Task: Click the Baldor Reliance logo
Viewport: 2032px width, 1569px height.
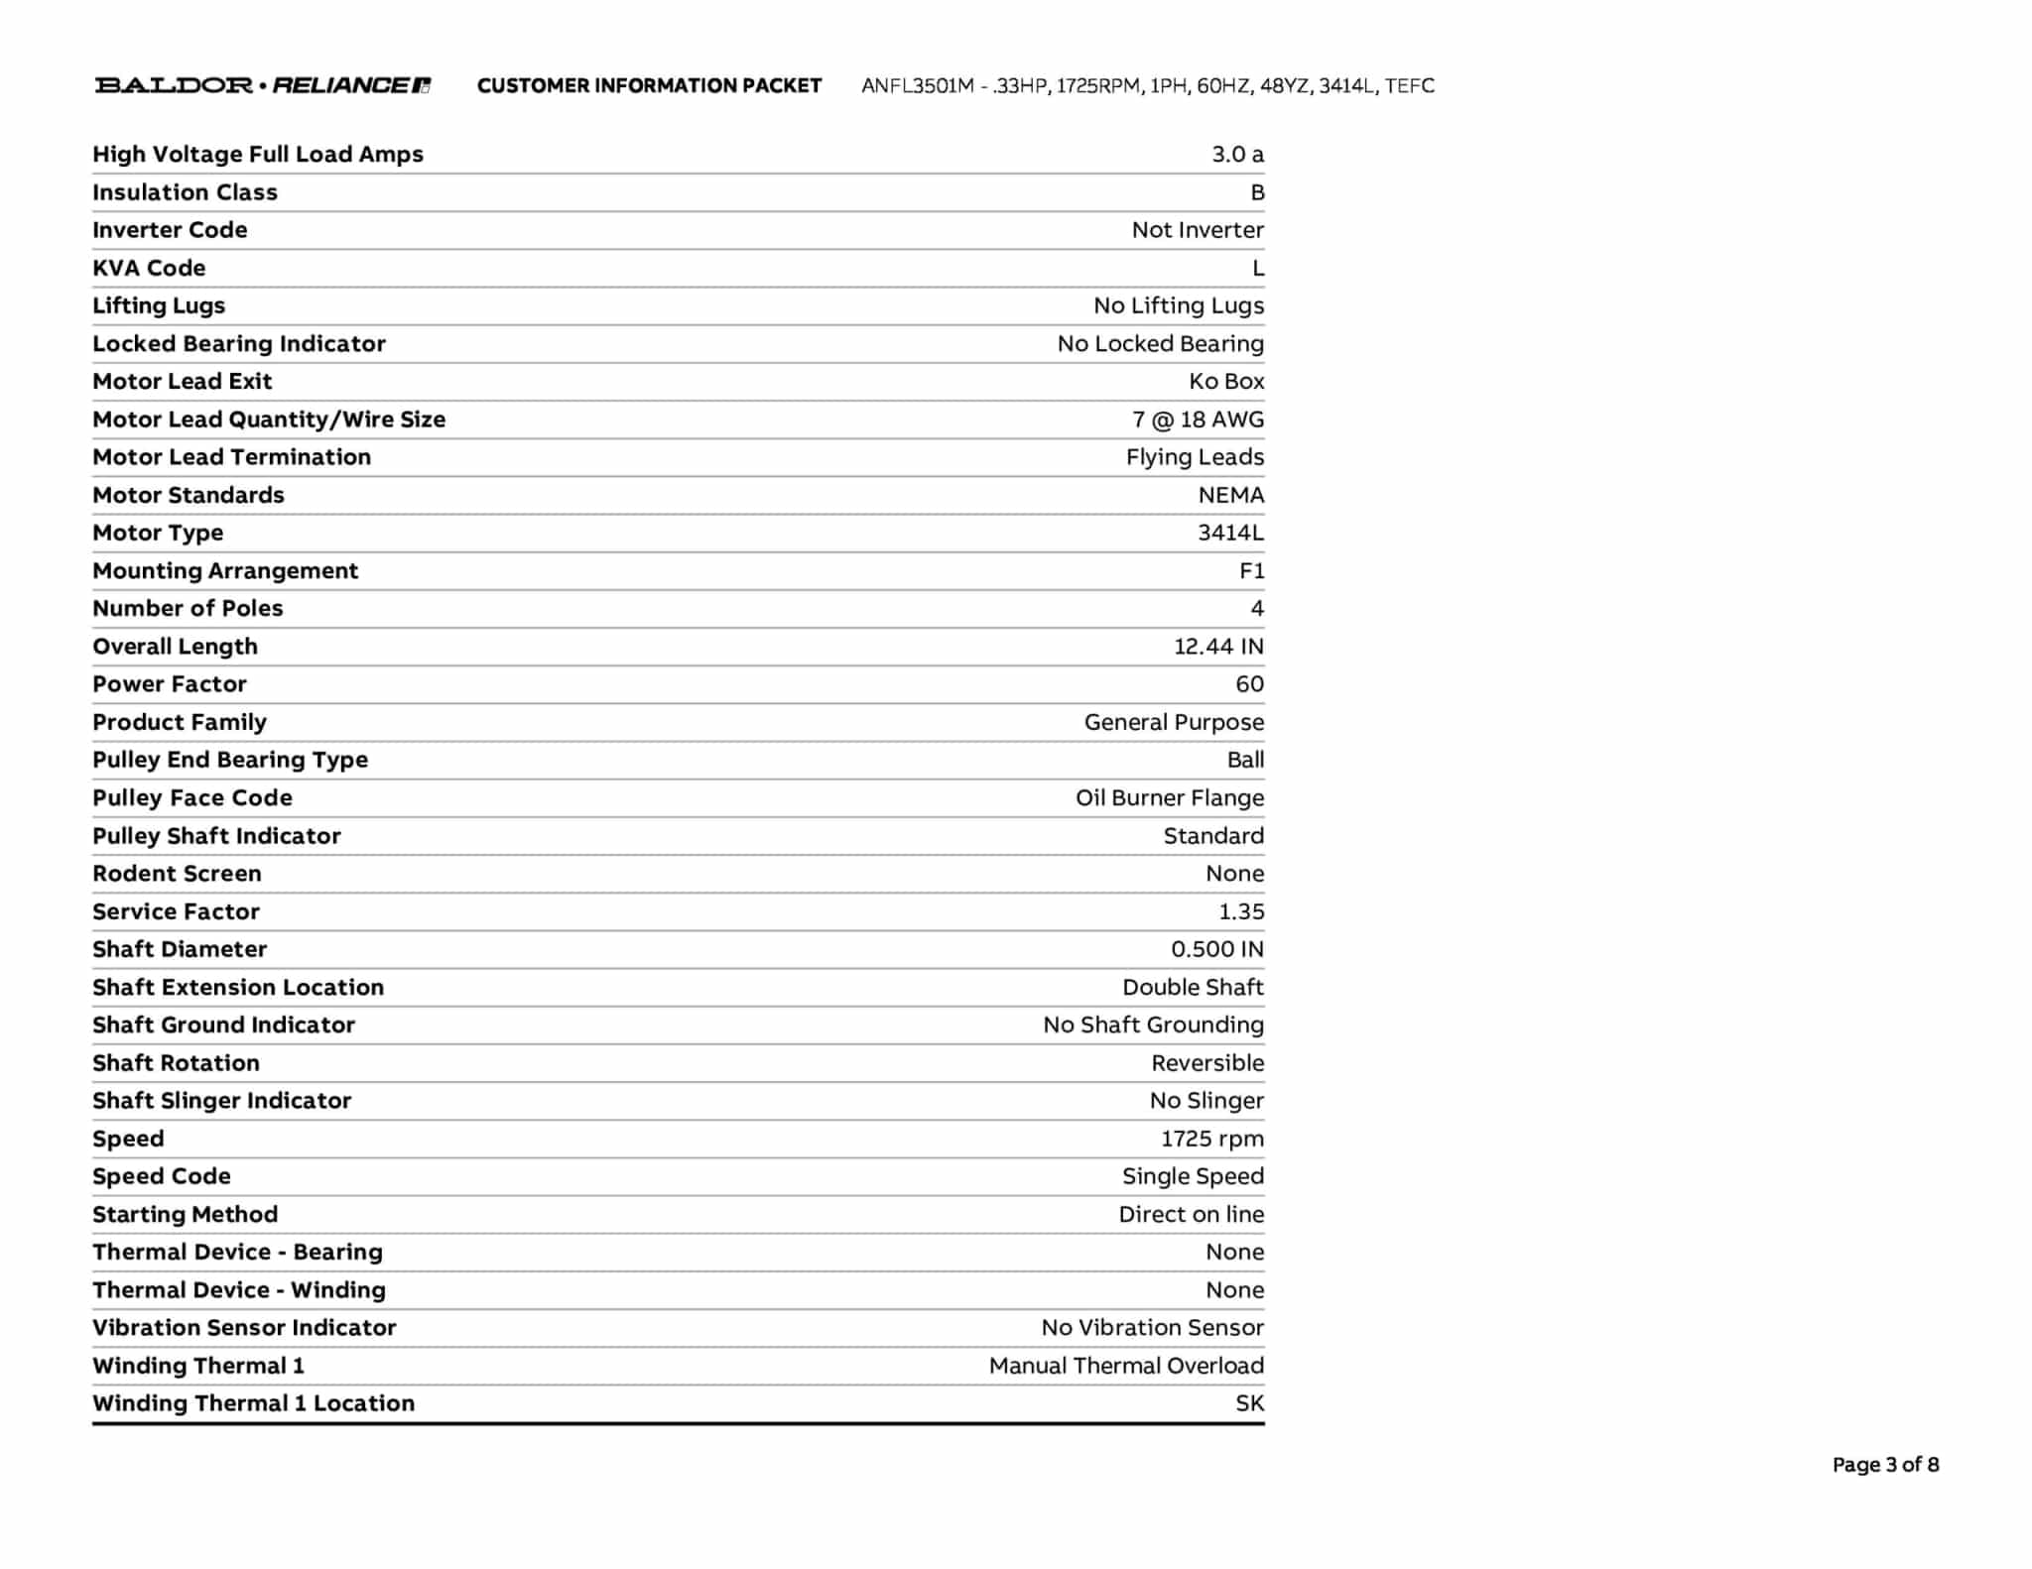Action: (x=262, y=85)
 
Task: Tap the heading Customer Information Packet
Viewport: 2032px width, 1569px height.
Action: (x=649, y=86)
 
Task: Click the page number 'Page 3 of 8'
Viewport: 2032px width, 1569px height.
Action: (x=1885, y=1465)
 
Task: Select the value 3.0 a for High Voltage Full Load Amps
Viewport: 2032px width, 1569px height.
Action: (x=1237, y=155)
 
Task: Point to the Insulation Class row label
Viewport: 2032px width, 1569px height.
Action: (x=185, y=192)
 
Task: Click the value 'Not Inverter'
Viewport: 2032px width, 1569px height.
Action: (x=1198, y=230)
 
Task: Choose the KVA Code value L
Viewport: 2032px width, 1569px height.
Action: (x=1258, y=268)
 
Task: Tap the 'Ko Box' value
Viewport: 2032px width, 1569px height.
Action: (x=1226, y=382)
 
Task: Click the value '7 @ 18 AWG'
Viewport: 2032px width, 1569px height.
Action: (x=1198, y=420)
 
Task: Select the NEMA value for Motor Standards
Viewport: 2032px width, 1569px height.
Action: (x=1230, y=495)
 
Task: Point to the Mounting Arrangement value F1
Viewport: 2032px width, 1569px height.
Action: (x=1251, y=571)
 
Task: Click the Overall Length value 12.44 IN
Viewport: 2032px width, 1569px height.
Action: (x=1218, y=647)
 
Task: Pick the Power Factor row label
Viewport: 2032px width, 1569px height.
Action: (x=170, y=684)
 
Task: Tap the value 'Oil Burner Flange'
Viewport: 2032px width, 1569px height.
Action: (x=1170, y=798)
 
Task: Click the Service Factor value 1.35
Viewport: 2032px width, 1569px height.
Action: (x=1241, y=911)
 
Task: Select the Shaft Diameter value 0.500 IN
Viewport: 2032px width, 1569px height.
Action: (x=1217, y=949)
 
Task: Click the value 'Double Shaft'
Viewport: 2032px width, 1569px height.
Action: (x=1193, y=988)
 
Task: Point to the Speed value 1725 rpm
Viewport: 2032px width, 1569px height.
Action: (x=1212, y=1139)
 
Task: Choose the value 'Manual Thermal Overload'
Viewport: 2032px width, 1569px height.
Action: (x=1126, y=1366)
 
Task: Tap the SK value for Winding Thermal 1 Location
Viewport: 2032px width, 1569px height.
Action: (x=1249, y=1403)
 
